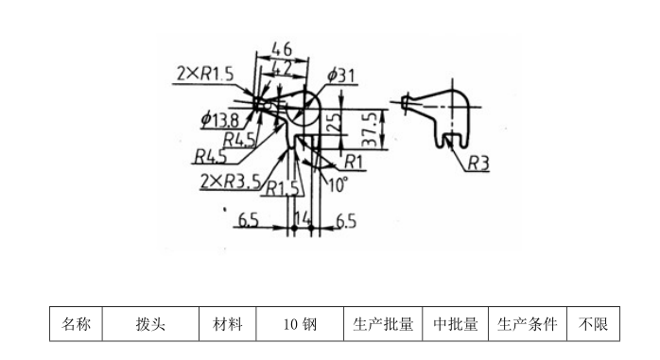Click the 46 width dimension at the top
tap(281, 48)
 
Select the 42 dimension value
tap(281, 67)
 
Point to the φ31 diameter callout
tap(341, 76)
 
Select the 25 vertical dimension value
tap(331, 121)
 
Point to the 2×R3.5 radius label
tap(229, 180)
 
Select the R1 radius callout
tap(354, 160)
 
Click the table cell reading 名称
tap(76, 324)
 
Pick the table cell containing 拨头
tap(150, 324)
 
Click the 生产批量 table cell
tap(383, 324)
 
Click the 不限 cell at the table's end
tap(593, 324)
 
